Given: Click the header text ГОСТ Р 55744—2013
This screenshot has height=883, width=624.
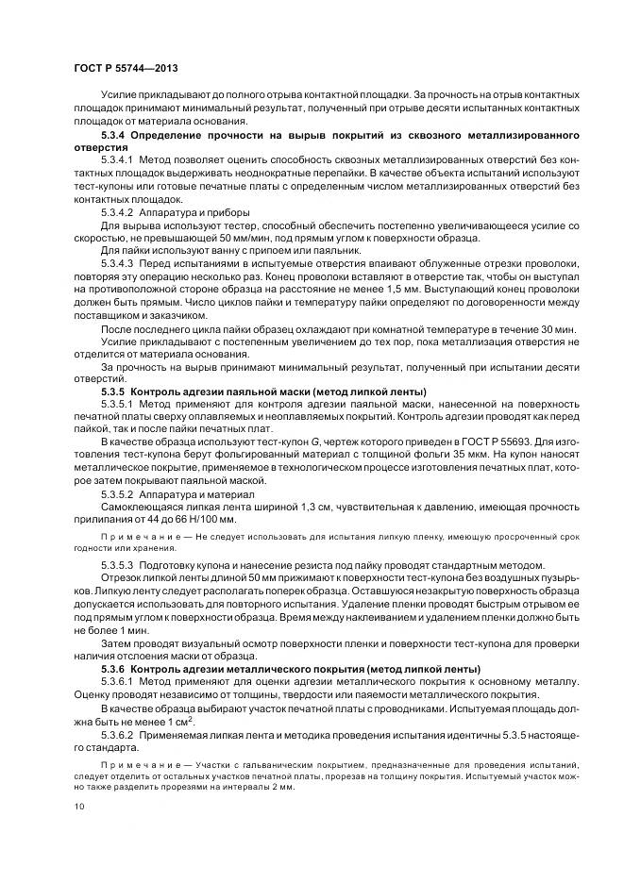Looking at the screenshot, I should [x=125, y=69].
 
